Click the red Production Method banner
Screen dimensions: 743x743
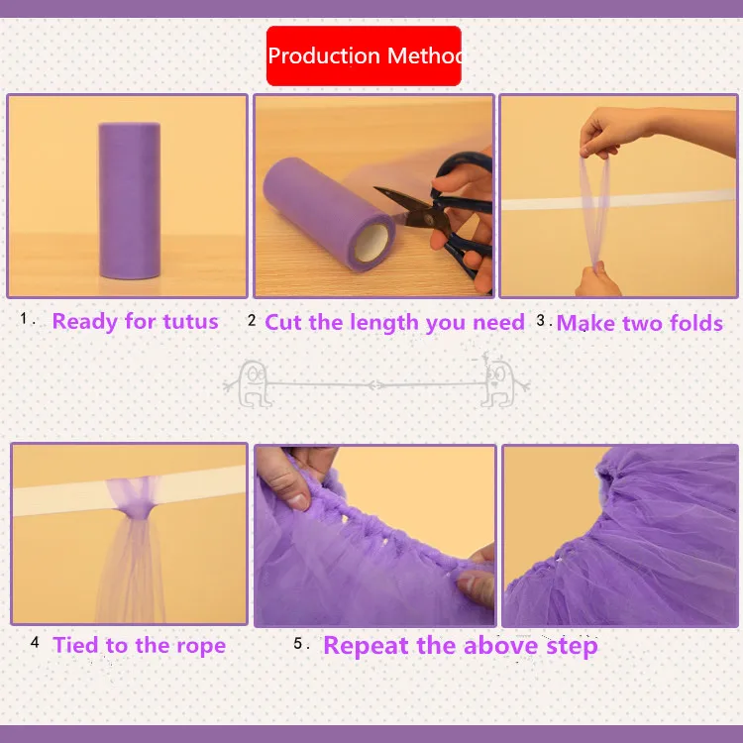click(x=364, y=55)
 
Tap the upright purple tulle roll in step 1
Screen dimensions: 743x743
click(x=129, y=200)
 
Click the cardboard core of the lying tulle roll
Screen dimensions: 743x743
click(x=372, y=242)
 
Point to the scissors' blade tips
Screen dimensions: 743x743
click(x=376, y=189)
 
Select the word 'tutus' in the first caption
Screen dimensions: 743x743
click(x=190, y=322)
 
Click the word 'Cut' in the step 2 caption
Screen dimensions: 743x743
click(x=283, y=322)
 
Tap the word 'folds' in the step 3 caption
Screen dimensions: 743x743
click(x=696, y=323)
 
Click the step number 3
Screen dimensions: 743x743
click(x=540, y=320)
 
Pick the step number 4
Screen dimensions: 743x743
click(x=35, y=642)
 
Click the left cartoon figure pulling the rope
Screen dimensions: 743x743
click(x=252, y=383)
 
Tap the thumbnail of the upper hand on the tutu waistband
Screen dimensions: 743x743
click(x=299, y=502)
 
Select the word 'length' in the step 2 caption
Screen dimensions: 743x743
click(x=384, y=323)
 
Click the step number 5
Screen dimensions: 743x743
click(x=297, y=643)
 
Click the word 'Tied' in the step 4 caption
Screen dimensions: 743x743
click(x=76, y=645)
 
